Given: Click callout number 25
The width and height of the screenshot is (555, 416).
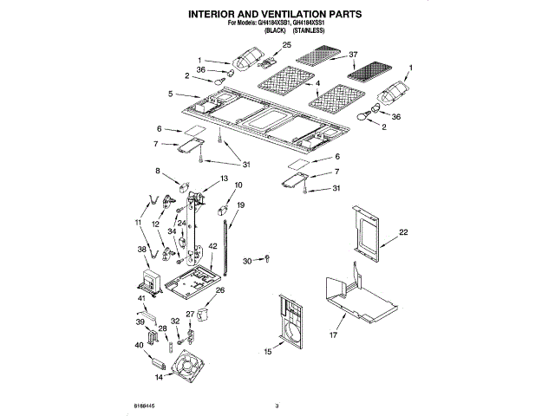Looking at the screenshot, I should tap(287, 44).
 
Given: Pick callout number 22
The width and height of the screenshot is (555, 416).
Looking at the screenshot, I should tap(403, 232).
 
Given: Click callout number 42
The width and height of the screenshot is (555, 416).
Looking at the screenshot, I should tap(213, 247).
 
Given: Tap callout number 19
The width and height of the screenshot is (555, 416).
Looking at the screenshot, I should tap(241, 205).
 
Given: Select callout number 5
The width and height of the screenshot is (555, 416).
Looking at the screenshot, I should tap(172, 94).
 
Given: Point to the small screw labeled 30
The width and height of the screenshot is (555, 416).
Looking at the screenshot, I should tap(268, 257).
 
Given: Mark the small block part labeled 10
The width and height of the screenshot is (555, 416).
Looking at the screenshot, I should tap(221, 210).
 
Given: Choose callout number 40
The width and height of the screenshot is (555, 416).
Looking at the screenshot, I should tap(139, 346).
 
